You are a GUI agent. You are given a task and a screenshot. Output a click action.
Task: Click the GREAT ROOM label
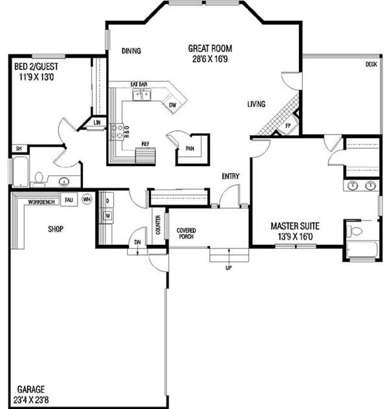coord(210,48)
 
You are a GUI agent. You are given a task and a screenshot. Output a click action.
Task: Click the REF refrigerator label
coord(145,144)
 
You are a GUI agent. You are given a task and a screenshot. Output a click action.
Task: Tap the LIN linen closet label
coord(97,123)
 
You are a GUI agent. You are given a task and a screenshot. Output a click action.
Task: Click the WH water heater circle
coord(87,199)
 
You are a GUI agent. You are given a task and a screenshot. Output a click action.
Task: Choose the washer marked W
coord(107,214)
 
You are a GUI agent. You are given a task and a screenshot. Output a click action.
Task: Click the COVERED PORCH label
coord(186,233)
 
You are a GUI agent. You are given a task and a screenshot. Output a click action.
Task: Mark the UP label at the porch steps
coord(228,268)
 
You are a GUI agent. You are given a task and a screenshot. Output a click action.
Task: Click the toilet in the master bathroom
coord(356,230)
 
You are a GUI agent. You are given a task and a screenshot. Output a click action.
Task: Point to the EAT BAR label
coord(139,84)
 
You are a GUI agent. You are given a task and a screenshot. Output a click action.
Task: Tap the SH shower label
coord(18,149)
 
